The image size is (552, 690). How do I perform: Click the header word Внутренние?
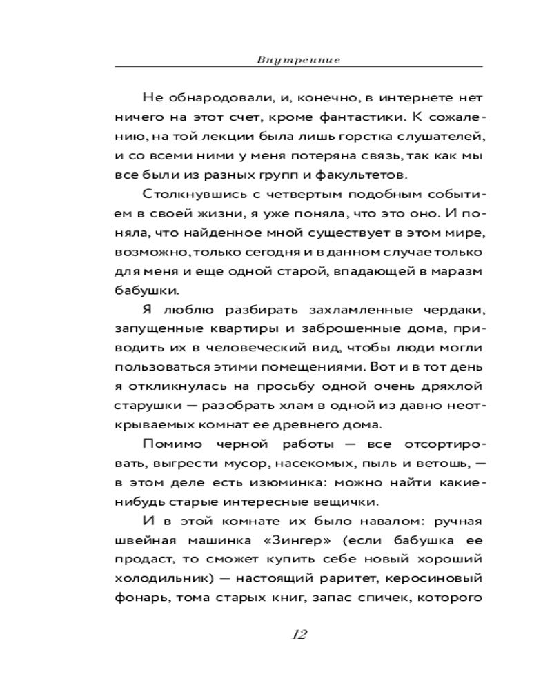pyautogui.click(x=298, y=60)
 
